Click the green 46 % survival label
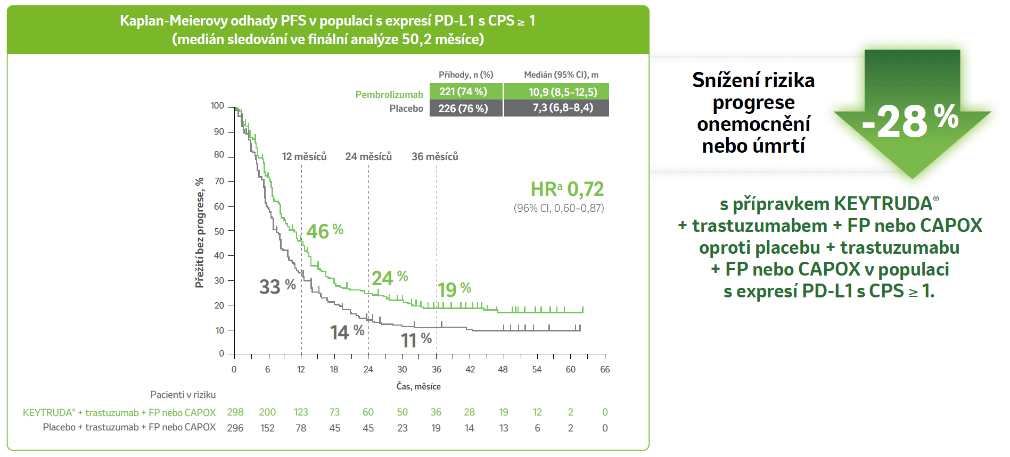(324, 231)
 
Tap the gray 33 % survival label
(277, 286)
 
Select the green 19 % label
(454, 289)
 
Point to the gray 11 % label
(416, 340)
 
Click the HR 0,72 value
(567, 189)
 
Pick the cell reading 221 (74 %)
(463, 92)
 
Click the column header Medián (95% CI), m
(561, 75)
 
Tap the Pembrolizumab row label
(389, 95)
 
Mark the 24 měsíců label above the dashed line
(368, 156)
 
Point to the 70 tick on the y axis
(219, 181)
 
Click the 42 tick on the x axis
(470, 369)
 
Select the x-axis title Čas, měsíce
(418, 386)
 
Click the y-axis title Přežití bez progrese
(200, 232)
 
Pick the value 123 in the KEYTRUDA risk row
(301, 412)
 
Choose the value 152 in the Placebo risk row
(267, 428)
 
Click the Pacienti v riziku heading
(183, 395)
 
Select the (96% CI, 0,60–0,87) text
(559, 209)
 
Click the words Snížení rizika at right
(753, 80)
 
